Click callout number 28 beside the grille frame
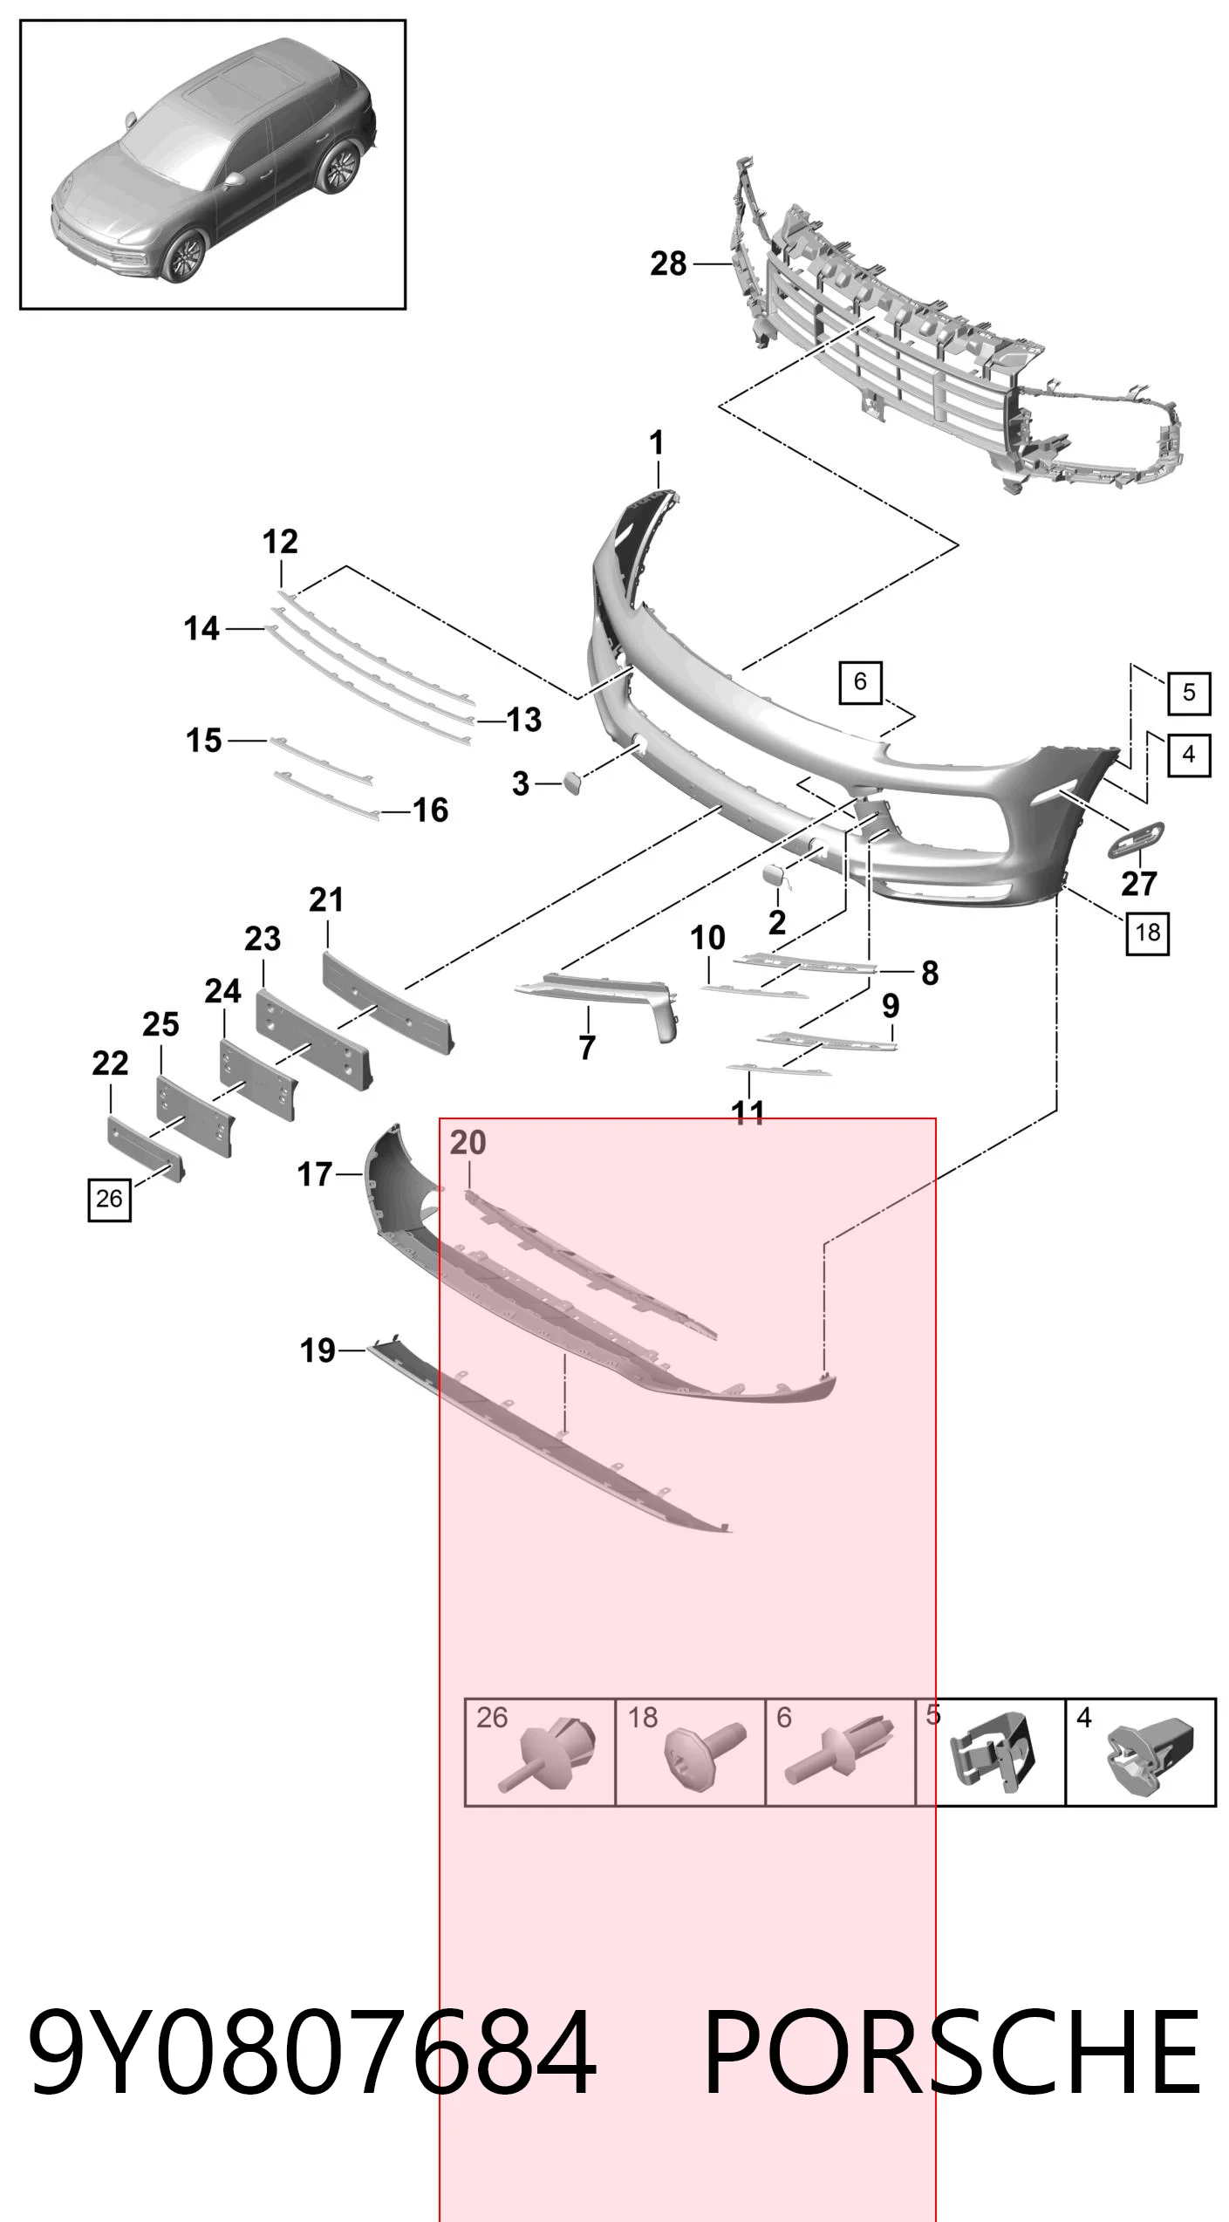(668, 263)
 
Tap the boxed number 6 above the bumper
(860, 681)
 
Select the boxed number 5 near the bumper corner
(1189, 694)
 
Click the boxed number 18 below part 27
(1147, 933)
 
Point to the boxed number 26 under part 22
(109, 1199)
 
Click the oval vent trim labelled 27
(1137, 839)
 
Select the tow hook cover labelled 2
(776, 876)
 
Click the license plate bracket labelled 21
(388, 1002)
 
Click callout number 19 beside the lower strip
(317, 1350)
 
